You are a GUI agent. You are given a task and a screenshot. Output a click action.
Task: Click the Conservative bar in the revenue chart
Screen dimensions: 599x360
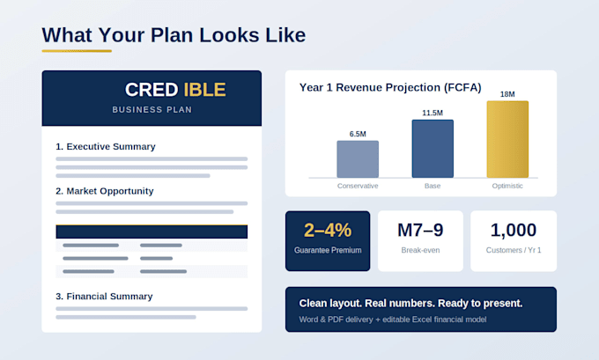point(358,159)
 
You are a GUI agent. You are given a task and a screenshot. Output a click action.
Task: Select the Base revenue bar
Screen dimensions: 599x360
point(433,149)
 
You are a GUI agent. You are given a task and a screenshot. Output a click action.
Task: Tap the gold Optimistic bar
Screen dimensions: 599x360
point(507,139)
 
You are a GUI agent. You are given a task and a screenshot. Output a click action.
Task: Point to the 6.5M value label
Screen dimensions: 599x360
point(358,134)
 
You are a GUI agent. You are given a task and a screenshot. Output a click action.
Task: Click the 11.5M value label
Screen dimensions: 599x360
point(433,113)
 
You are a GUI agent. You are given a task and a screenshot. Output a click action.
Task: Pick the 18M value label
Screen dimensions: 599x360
point(507,94)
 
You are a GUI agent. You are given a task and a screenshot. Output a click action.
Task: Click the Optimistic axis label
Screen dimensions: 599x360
point(507,186)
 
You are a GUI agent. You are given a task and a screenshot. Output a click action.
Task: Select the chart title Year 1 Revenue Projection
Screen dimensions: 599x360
point(390,87)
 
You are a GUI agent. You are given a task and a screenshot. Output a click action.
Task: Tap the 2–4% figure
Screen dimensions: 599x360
point(328,231)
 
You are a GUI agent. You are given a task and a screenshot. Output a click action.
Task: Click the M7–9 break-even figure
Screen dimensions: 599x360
point(420,231)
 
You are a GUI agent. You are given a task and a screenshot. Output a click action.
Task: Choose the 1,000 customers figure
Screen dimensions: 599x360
point(514,231)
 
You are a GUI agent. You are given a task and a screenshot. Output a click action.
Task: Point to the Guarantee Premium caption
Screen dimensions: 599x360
point(328,250)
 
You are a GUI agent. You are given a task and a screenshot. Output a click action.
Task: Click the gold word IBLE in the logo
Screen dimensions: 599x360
point(204,90)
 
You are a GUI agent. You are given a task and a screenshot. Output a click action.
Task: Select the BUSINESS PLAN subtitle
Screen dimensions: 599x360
point(152,109)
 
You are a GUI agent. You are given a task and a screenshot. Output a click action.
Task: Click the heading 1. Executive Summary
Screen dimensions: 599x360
point(106,147)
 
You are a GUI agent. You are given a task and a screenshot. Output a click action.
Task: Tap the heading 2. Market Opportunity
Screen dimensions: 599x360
point(105,191)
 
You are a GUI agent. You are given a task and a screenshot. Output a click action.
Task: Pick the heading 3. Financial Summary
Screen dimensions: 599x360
point(104,297)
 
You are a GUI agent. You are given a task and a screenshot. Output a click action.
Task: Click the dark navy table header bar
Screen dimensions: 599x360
point(152,231)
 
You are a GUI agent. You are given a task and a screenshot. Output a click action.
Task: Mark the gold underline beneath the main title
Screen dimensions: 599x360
point(77,51)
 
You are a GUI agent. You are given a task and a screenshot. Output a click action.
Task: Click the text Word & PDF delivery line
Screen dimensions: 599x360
point(393,320)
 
